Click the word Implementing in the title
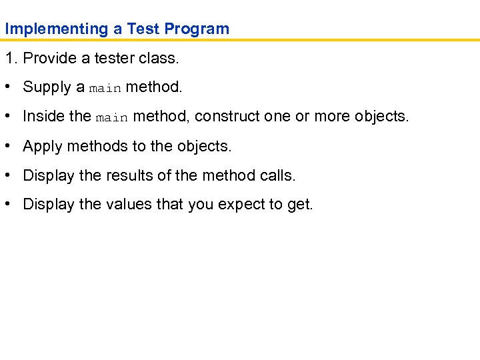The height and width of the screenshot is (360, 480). (47, 29)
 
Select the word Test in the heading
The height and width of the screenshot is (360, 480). (142, 29)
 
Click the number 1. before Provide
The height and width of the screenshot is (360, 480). (11, 59)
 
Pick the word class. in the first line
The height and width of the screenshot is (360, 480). (159, 59)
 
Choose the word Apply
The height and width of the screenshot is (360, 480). (42, 146)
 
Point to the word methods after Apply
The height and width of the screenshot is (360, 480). (92, 146)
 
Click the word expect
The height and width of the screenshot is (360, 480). (241, 205)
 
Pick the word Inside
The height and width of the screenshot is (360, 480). (43, 117)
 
